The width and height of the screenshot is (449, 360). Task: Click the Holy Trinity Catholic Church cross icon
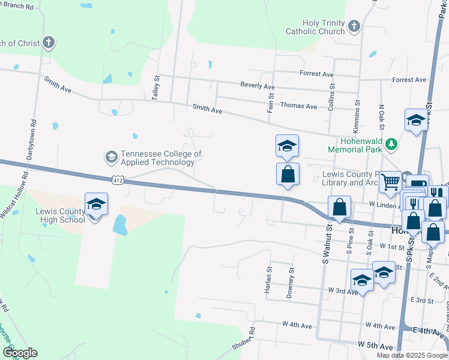point(354,26)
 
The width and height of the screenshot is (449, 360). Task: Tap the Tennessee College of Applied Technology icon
point(111,157)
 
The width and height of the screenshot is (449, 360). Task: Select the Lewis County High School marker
point(96,205)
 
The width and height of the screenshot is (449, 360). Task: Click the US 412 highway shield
point(118,179)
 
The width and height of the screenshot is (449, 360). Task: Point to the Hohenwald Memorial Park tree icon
point(391,143)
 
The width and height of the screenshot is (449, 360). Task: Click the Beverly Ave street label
point(257,86)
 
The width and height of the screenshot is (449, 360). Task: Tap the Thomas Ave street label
point(298,106)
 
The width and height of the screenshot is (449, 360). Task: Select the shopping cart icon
point(390,181)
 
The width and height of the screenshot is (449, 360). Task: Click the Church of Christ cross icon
point(49,43)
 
